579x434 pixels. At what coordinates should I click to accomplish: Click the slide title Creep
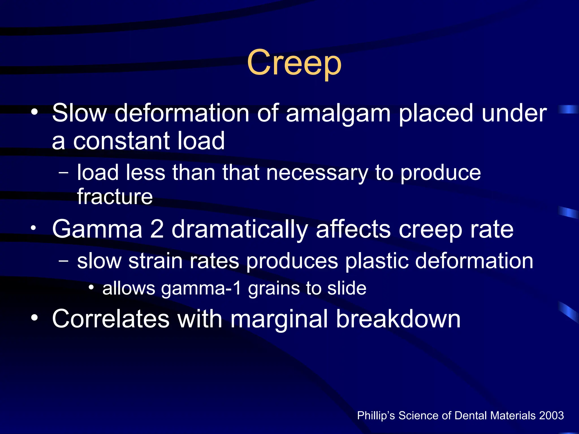tap(294, 64)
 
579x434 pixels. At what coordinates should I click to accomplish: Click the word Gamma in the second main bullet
tap(97, 229)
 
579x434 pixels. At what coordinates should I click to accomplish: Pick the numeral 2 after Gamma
tap(157, 229)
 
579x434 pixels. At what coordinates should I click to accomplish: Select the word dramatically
tap(240, 230)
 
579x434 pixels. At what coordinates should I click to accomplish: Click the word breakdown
tap(399, 319)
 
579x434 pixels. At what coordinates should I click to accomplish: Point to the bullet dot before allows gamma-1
tap(91, 287)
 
